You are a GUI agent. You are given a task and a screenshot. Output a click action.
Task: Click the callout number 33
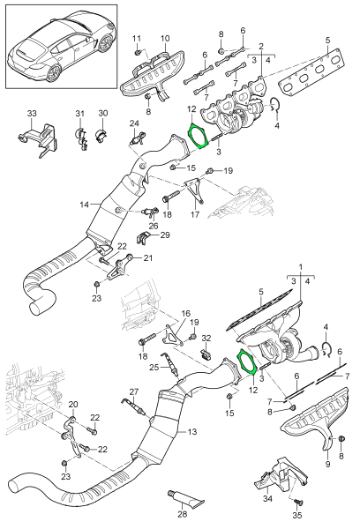(32, 114)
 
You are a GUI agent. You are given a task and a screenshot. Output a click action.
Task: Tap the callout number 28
(183, 515)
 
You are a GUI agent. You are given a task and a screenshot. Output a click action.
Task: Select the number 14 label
(85, 205)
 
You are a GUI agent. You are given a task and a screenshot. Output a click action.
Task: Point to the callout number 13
(192, 431)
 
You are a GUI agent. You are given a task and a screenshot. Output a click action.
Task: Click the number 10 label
(165, 38)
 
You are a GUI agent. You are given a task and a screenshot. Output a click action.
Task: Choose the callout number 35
(298, 515)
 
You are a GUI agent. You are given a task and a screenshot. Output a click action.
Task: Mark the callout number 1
(301, 267)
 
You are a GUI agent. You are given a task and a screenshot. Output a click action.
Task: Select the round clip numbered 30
(101, 135)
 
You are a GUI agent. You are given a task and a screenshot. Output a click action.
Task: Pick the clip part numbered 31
(80, 138)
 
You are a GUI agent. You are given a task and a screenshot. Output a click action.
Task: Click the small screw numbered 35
(297, 502)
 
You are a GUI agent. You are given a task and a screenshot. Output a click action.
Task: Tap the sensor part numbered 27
(133, 406)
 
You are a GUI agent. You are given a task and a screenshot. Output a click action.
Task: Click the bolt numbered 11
(138, 53)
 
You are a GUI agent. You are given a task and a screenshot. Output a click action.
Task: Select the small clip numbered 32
(206, 354)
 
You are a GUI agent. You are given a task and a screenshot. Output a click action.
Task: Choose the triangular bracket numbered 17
(193, 190)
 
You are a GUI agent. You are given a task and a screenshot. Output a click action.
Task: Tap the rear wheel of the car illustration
(53, 73)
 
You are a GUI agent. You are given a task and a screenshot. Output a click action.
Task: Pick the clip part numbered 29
(143, 238)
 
